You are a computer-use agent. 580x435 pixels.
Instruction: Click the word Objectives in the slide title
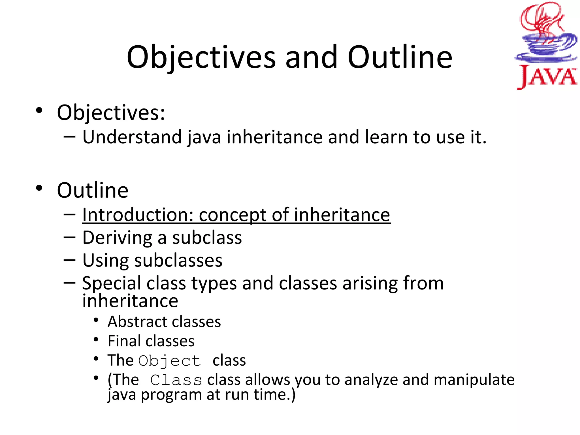[201, 57]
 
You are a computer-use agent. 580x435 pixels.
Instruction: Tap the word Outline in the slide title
[400, 57]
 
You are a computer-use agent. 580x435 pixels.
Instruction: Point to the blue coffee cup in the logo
[545, 47]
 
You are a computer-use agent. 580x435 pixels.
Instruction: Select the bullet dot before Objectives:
[39, 110]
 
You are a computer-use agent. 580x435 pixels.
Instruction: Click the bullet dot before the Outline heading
[39, 188]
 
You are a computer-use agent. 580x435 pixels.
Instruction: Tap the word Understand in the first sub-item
[132, 137]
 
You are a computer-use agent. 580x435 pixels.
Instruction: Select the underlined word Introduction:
[138, 215]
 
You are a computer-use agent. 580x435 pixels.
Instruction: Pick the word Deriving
[117, 238]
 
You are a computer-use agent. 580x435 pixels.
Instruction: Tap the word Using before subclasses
[105, 261]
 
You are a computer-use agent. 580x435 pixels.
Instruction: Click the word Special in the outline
[111, 283]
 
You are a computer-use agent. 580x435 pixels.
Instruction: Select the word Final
[124, 341]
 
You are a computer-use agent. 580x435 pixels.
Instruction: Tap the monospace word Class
[176, 380]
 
